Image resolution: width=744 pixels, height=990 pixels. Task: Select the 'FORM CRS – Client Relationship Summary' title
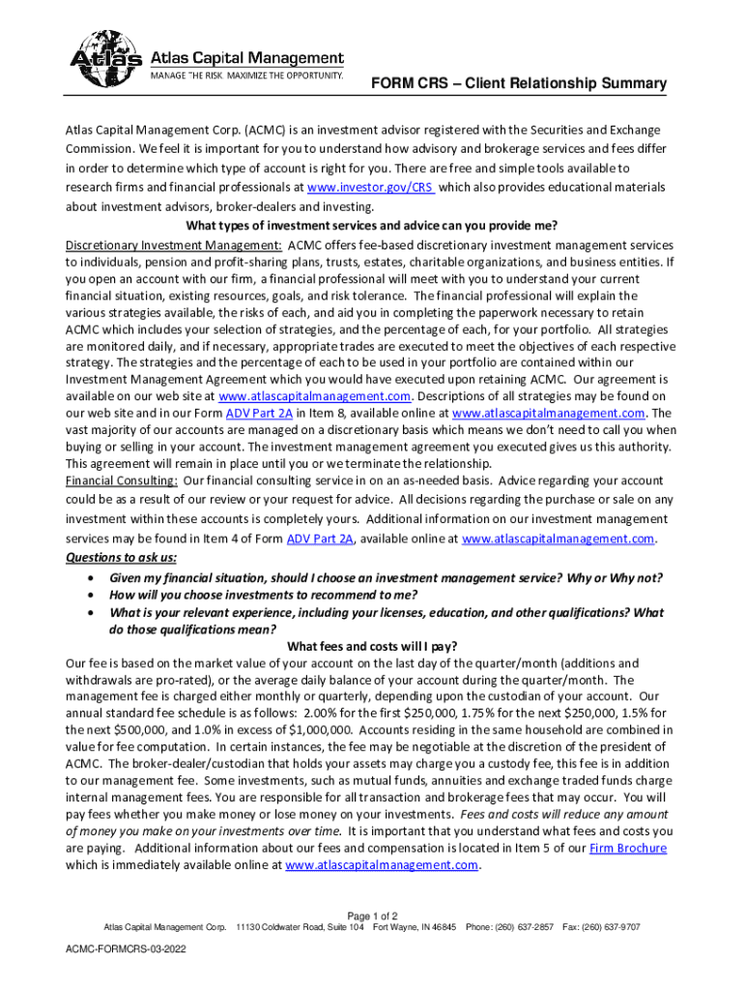click(x=520, y=84)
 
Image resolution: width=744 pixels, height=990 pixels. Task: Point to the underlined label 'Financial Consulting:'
click(x=122, y=480)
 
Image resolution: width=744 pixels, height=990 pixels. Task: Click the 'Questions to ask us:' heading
click(x=122, y=558)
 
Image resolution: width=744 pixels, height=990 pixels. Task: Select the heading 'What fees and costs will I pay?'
click(x=372, y=647)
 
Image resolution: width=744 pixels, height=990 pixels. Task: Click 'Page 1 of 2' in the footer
click(x=372, y=916)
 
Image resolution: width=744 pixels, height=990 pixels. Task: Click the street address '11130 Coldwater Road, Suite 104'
click(x=300, y=927)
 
